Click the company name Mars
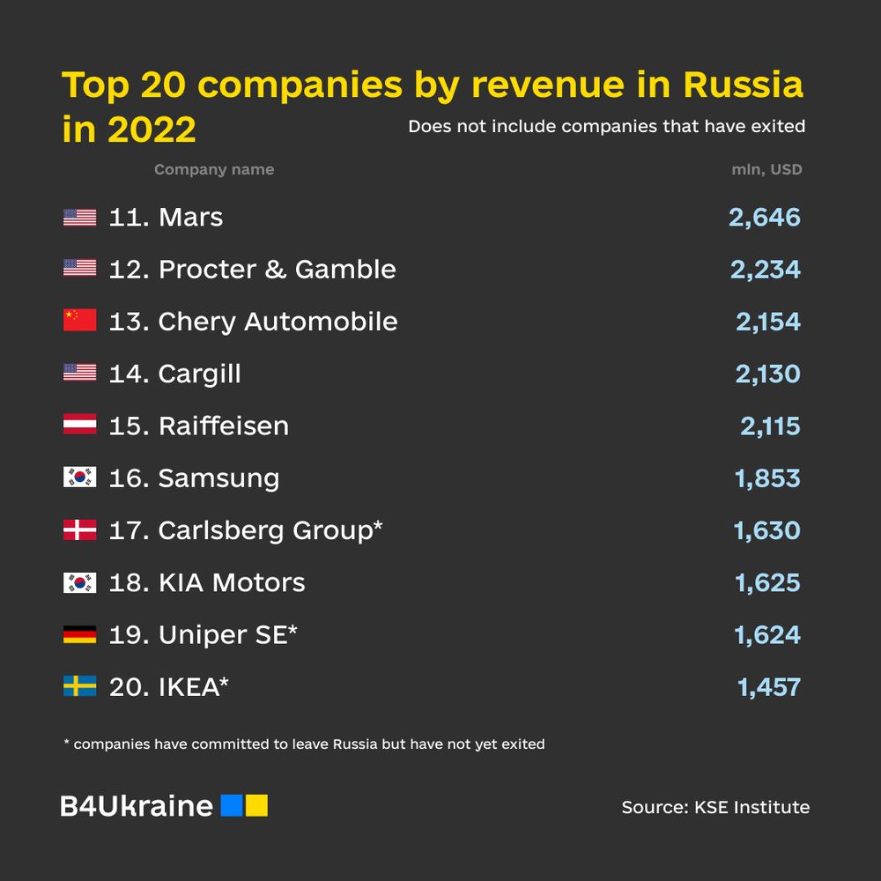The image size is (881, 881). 190,218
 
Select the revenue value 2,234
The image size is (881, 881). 765,270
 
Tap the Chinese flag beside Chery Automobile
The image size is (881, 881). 79,322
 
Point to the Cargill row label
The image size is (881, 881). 199,374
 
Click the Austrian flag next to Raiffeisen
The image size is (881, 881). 79,426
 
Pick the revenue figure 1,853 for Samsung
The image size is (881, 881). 767,478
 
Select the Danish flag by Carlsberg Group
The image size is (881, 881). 79,530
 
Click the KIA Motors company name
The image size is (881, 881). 232,582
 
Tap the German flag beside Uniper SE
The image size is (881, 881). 79,634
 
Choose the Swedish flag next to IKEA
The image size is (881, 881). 79,686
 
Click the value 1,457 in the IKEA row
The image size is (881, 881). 769,687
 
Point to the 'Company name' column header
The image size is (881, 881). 214,170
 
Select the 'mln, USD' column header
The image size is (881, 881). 766,170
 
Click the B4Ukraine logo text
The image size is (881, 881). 137,806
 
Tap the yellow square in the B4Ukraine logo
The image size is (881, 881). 256,805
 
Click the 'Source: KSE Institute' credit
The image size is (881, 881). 715,807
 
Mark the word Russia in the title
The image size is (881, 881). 743,85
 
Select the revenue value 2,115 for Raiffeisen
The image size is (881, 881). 770,426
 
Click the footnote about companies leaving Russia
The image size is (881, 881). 305,744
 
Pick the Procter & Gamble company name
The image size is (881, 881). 277,270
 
